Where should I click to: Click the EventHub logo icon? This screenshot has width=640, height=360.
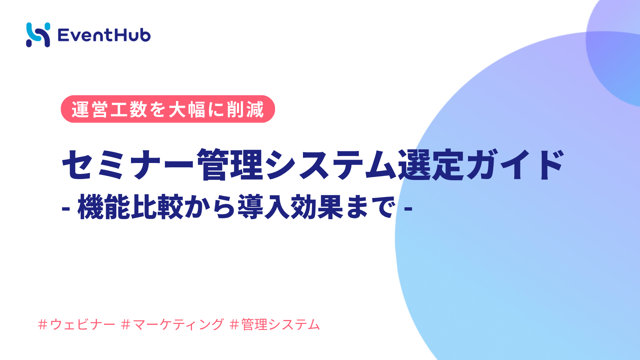(38, 35)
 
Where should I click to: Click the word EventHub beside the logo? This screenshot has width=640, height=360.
(104, 35)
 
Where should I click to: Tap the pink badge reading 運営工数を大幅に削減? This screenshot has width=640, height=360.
(168, 109)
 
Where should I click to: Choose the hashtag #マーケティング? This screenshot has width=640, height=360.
(173, 324)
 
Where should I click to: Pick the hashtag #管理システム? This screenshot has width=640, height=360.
(275, 324)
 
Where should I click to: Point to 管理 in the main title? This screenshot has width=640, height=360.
(230, 164)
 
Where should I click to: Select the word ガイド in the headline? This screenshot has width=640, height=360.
(515, 164)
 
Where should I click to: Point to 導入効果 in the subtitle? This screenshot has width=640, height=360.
(290, 207)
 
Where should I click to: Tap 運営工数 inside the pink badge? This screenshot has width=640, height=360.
(109, 109)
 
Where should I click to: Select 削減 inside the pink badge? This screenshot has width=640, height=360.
(245, 109)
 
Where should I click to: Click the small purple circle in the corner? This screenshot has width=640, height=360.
(617, 50)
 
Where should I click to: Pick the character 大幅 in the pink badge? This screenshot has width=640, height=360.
(187, 109)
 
